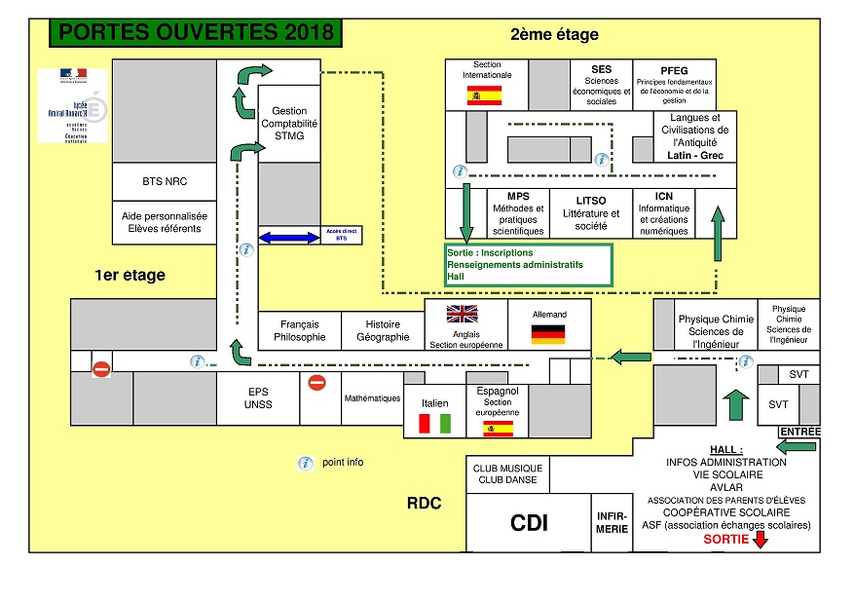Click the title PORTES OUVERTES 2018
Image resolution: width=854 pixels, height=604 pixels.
(x=196, y=32)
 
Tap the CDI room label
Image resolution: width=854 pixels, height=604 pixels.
(x=529, y=523)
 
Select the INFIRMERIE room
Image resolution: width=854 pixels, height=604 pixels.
(x=613, y=522)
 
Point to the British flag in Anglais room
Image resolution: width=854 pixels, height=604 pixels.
(x=464, y=314)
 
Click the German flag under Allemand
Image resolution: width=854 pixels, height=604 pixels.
(x=548, y=334)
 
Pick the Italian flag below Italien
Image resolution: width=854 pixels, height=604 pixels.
(x=434, y=424)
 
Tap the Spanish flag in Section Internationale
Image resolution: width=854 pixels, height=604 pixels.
(x=483, y=94)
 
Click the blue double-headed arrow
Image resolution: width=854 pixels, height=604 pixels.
(x=289, y=237)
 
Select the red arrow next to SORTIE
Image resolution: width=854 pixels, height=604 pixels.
(x=761, y=539)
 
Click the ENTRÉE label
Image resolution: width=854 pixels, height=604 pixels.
(x=799, y=432)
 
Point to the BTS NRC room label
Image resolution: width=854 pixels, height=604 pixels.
(x=165, y=182)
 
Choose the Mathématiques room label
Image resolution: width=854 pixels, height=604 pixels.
(x=372, y=397)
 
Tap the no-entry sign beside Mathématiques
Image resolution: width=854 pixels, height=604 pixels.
(x=316, y=383)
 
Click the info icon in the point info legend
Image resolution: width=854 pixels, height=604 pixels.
(x=305, y=463)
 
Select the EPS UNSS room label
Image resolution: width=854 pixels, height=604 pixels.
(x=258, y=397)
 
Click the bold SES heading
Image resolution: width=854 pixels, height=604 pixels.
(x=602, y=70)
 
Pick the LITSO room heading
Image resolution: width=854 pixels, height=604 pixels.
(x=591, y=201)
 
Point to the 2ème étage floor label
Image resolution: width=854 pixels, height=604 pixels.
(x=554, y=35)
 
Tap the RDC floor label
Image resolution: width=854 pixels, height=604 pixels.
(x=424, y=504)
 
